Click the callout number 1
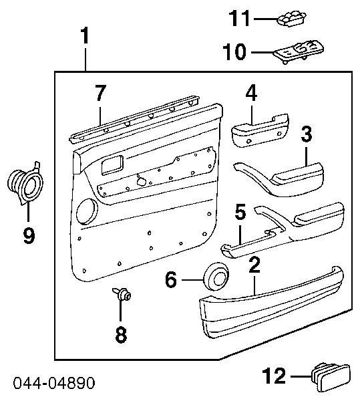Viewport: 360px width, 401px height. pos(85,37)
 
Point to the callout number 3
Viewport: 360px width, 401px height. pos(306,134)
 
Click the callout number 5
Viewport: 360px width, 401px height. pos(240,213)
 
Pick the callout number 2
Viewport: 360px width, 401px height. pos(254,265)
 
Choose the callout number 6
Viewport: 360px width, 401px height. pos(172,279)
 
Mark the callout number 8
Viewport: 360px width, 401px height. pos(121,335)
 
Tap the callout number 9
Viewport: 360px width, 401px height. pos(28,236)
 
